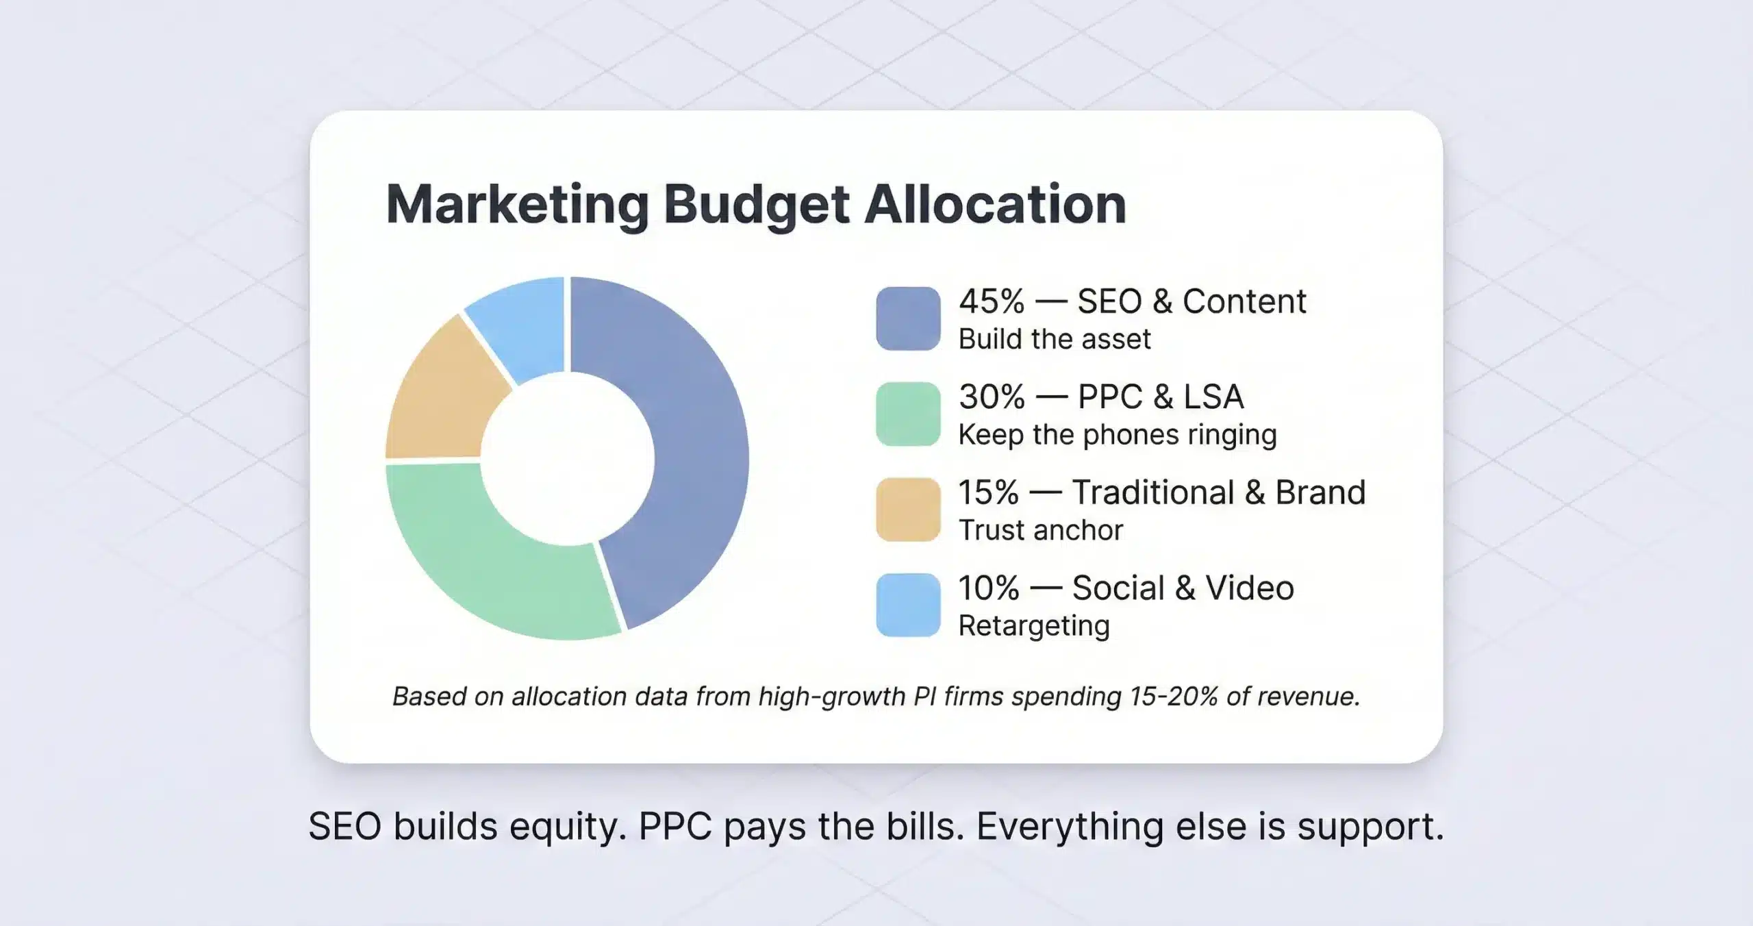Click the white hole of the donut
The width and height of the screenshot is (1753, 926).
(567, 459)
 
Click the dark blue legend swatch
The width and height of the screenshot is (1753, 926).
(908, 318)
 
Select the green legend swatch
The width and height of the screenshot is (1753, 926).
(908, 414)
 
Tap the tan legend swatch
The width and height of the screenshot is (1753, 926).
(908, 510)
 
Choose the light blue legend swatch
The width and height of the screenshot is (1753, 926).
(908, 605)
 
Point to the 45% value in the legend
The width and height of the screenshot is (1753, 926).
(992, 302)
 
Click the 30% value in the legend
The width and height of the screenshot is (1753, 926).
(992, 397)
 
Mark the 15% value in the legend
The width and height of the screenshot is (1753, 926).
(989, 492)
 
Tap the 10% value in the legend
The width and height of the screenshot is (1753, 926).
(989, 588)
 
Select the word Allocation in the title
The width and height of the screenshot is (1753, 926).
(995, 204)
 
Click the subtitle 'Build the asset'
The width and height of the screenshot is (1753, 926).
(1055, 339)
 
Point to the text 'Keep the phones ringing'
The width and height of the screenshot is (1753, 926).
(1118, 435)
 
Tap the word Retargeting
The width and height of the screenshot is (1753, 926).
(1034, 626)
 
